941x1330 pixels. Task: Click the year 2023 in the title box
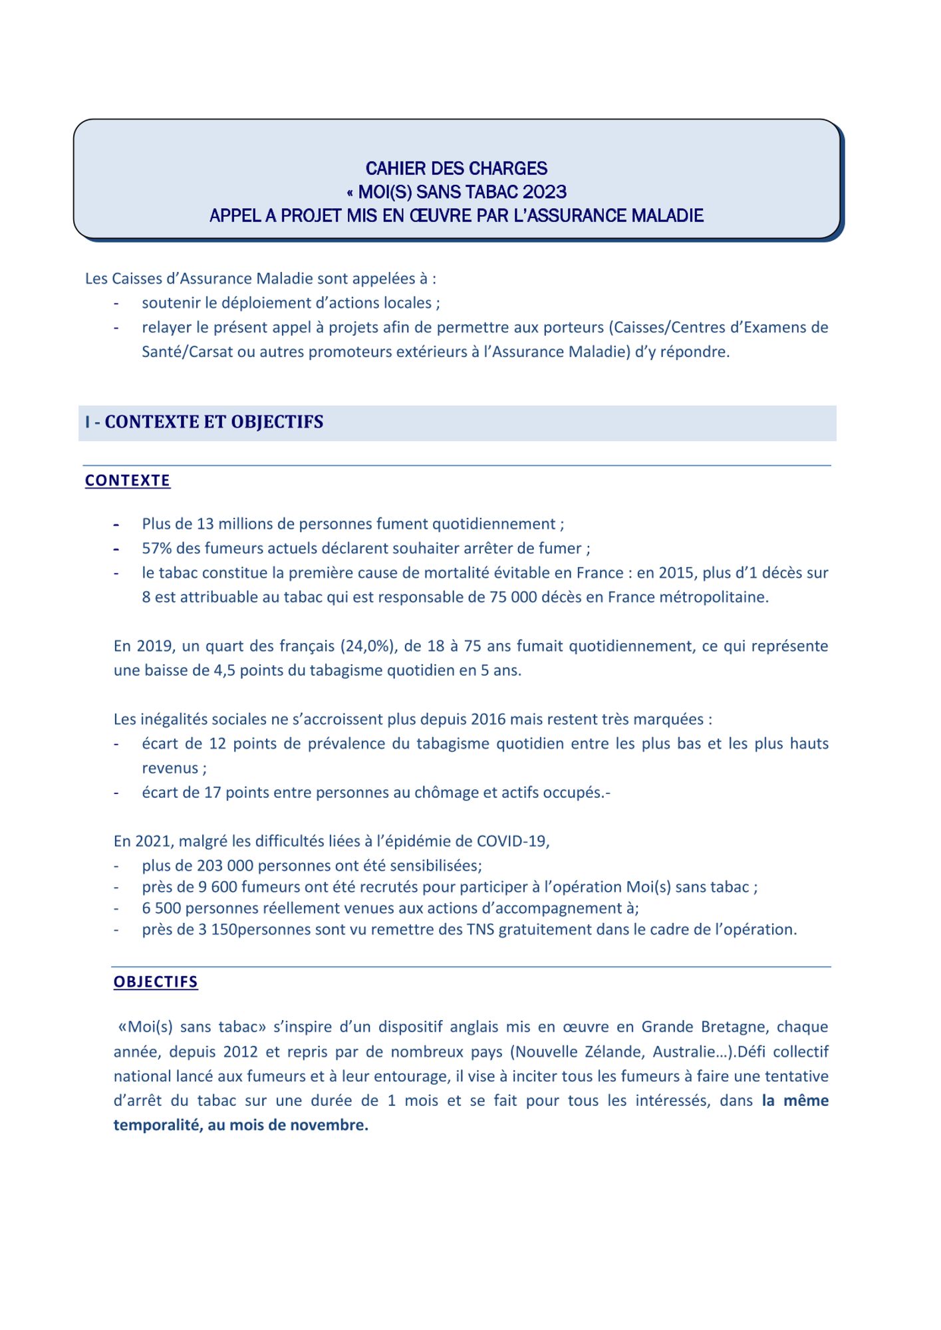545,192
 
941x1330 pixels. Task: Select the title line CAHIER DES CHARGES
456,168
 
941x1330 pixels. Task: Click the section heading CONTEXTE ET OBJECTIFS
213,422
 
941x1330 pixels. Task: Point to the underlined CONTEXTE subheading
128,480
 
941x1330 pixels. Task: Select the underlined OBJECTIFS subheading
156,982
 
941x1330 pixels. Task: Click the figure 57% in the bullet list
156,548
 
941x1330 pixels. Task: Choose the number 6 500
162,908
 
